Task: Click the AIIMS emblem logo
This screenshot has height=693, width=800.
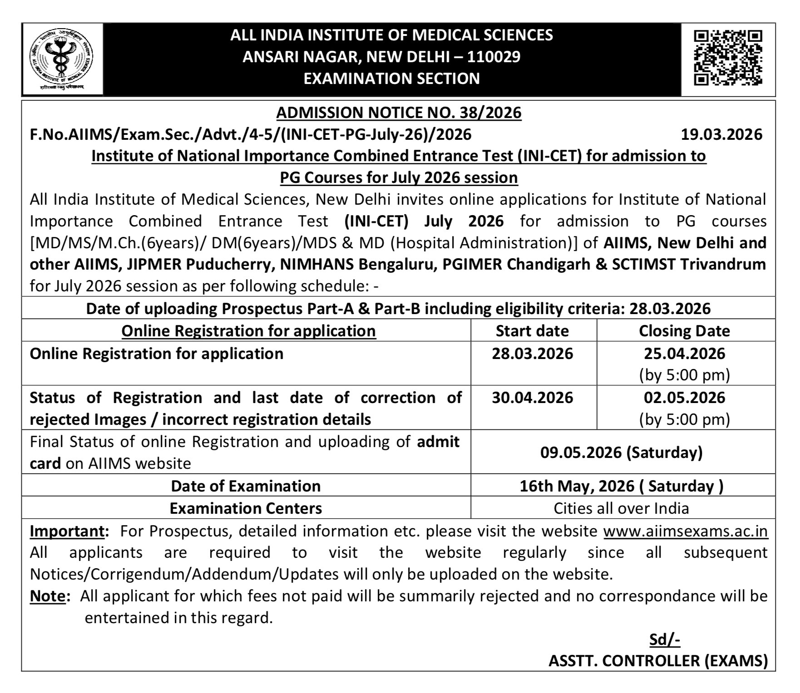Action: (x=62, y=59)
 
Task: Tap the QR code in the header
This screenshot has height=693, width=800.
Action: (x=728, y=58)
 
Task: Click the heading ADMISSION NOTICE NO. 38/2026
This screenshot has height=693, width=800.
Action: (x=399, y=113)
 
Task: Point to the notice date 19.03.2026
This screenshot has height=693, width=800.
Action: (x=721, y=135)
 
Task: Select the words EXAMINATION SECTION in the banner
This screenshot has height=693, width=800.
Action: (x=391, y=79)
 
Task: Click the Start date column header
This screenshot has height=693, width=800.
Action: (x=532, y=331)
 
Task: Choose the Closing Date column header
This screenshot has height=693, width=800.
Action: (x=684, y=331)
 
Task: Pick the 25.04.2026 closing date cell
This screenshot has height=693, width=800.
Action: (x=684, y=354)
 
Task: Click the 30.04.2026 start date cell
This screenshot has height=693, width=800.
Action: (x=532, y=398)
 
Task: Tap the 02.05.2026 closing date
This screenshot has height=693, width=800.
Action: (x=684, y=398)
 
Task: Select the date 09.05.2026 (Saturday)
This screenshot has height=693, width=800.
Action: (x=621, y=452)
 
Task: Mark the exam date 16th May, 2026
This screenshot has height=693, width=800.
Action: (x=621, y=486)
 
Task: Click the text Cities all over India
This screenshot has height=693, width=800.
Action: (x=621, y=508)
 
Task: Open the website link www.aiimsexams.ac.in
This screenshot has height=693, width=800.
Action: (x=686, y=531)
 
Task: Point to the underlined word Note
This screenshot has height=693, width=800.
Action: (x=48, y=596)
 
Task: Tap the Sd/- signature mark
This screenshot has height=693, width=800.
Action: (x=665, y=639)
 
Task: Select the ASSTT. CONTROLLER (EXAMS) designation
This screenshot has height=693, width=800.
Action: (x=658, y=661)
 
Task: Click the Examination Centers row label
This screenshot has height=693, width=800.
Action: (x=246, y=508)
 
